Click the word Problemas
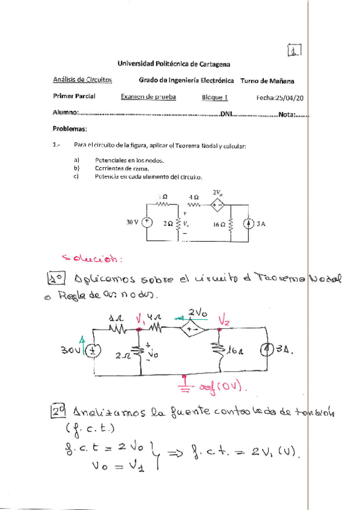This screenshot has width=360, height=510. point(70,129)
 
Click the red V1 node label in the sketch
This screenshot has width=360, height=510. point(142,318)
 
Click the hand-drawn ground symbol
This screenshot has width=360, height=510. point(185,384)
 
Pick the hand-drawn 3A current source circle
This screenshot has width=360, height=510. point(264,351)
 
